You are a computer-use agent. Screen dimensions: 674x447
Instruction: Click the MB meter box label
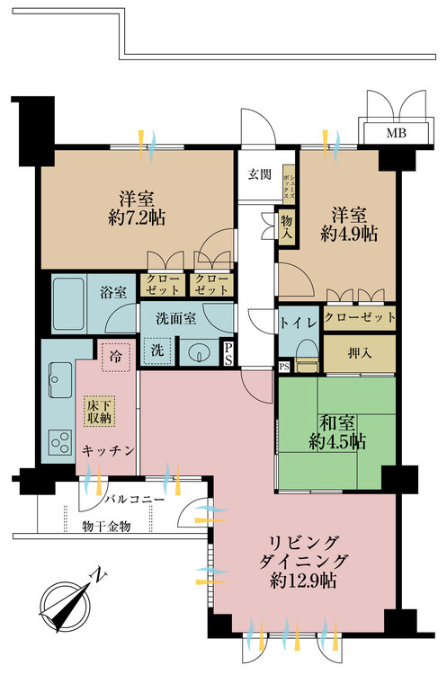point(395,134)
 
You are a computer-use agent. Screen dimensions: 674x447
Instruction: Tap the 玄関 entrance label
point(259,174)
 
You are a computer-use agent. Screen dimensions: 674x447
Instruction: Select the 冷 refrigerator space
point(113,355)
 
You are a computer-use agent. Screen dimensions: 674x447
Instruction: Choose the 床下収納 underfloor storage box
point(98,412)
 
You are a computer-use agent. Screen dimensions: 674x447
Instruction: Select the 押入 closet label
point(359,354)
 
